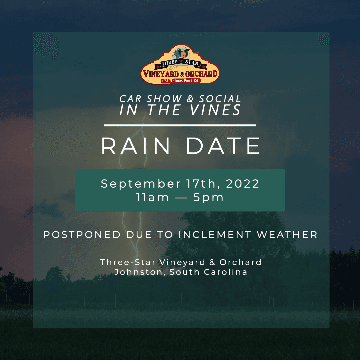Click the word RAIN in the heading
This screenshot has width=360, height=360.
[x=135, y=146]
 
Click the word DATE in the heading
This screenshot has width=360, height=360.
[x=223, y=146]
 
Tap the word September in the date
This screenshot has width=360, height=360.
[x=141, y=184]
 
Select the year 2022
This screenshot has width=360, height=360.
[x=242, y=184]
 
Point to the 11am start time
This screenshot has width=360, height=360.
[x=152, y=197]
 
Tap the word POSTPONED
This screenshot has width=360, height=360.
[x=82, y=235]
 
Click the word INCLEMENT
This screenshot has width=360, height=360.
[x=215, y=235]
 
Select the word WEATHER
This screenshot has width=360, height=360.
[x=287, y=235]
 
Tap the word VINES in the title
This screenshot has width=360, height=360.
[x=215, y=110]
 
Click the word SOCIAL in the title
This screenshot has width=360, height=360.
[x=220, y=99]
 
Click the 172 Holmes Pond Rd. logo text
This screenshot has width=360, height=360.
[x=180, y=81]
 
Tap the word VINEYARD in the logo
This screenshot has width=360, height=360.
[x=161, y=74]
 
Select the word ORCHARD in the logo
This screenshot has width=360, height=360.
[x=201, y=74]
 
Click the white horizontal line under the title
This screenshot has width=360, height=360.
[x=180, y=125]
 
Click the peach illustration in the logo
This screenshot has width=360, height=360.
[x=184, y=54]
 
